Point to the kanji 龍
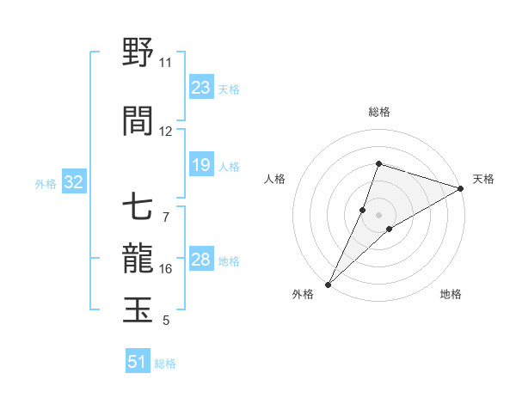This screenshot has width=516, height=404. [x=138, y=257]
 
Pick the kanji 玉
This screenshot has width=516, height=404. [x=138, y=309]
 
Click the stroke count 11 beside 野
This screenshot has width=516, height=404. [x=165, y=63]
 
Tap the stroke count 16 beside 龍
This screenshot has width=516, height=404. [x=166, y=269]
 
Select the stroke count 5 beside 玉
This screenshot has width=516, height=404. [x=165, y=321]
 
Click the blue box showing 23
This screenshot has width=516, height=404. [x=201, y=88]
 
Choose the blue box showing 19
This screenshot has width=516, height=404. [x=201, y=165]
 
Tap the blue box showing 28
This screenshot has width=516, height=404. [x=201, y=260]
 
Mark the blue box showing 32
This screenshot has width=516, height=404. [x=73, y=182]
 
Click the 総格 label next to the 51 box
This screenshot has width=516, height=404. [x=165, y=364]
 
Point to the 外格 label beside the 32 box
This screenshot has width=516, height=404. [x=46, y=183]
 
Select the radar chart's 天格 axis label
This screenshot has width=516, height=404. [x=483, y=179]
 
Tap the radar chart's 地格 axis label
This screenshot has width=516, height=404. [x=451, y=294]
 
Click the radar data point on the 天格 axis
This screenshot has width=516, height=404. [x=461, y=187]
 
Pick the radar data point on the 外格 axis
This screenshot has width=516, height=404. [x=329, y=284]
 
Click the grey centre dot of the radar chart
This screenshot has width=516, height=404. [x=378, y=215]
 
